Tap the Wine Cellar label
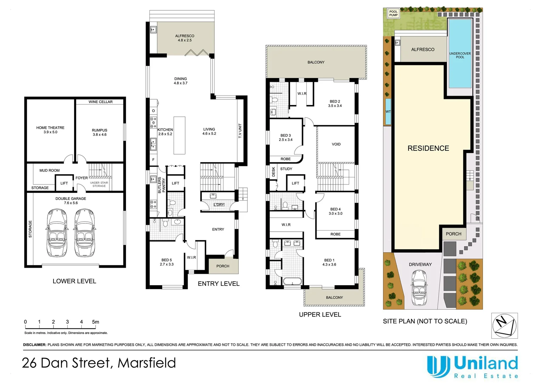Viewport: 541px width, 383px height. click(101, 102)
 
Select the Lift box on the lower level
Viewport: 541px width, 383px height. click(64, 183)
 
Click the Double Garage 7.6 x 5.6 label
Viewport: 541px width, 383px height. click(71, 201)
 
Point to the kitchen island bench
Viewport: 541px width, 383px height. click(180, 135)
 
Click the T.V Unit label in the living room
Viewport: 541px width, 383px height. click(240, 131)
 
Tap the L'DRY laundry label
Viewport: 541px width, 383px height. click(219, 205)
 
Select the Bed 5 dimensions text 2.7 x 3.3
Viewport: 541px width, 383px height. click(167, 264)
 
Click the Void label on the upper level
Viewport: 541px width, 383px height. click(336, 144)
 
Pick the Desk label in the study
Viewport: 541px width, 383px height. click(273, 172)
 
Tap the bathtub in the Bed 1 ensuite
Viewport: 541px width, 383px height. click(292, 281)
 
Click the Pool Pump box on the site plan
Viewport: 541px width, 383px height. click(393, 13)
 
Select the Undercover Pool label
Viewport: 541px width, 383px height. click(460, 55)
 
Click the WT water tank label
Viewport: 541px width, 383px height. click(388, 112)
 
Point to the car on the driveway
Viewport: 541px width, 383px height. click(420, 287)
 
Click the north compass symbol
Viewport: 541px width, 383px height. click(505, 326)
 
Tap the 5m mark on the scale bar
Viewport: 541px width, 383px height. click(96, 322)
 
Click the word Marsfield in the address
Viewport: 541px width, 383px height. click(147, 363)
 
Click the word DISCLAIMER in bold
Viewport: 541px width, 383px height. click(35, 345)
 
